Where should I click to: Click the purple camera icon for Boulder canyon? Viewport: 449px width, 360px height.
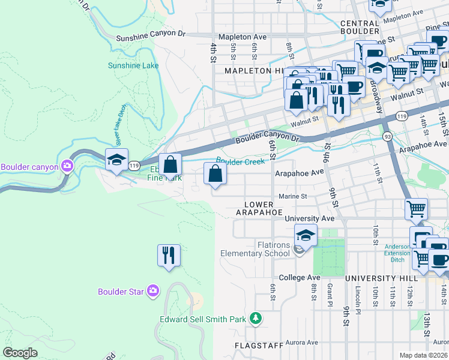click(67, 166)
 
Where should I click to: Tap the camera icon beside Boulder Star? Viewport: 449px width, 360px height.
click(153, 291)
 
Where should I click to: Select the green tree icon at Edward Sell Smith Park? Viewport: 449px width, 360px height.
click(256, 317)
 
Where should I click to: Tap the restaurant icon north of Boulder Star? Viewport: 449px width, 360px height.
click(169, 255)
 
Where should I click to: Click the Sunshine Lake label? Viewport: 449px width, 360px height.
click(129, 66)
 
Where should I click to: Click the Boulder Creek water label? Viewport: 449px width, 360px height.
click(240, 161)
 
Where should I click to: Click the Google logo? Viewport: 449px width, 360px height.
click(20, 353)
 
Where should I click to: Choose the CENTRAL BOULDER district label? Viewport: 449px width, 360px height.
click(359, 26)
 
